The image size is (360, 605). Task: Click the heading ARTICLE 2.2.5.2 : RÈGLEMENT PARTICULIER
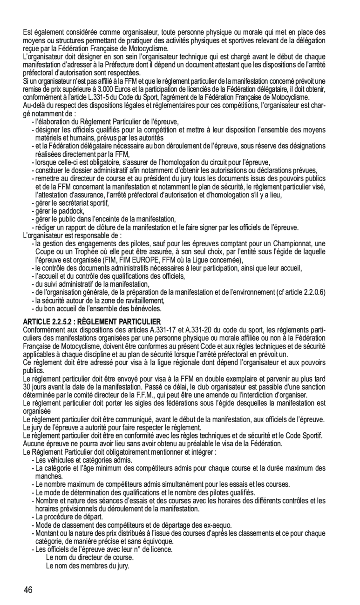[x=92, y=322]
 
